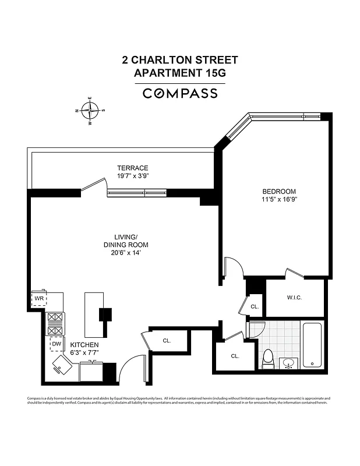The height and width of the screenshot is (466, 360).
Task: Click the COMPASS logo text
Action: click(180, 93)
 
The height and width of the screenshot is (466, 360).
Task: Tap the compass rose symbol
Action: click(89, 110)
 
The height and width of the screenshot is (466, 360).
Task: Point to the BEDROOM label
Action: click(279, 191)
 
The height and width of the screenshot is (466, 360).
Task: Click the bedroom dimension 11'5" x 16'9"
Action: click(279, 199)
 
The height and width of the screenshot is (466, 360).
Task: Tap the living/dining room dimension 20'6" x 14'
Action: click(124, 253)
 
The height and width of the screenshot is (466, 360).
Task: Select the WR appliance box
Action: click(39, 298)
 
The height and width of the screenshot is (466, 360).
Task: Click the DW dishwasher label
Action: click(57, 344)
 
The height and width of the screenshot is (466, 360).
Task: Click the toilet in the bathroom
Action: click(267, 359)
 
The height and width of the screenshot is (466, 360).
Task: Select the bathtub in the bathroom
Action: click(313, 344)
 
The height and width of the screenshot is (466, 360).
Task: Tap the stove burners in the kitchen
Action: click(56, 323)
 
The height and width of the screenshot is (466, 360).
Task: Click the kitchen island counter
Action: click(93, 315)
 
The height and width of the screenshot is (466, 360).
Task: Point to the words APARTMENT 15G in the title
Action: click(180, 73)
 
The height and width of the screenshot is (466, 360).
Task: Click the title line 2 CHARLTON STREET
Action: click(180, 59)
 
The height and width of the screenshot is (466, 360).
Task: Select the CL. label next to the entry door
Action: click(167, 340)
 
